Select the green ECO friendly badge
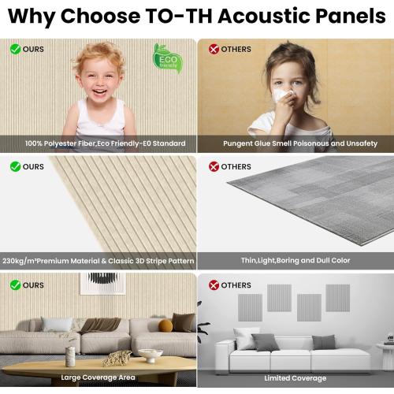pos(168,58)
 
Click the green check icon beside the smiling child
pos(15,49)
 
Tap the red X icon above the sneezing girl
pos(213,49)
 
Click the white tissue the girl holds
pos(280,95)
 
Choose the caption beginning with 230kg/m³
pos(98,260)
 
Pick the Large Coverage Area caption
pos(98,377)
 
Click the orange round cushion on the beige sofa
pos(165,325)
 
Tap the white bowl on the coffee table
pos(150,355)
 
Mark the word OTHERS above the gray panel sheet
pos(236,167)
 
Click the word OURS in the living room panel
pos(33,284)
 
